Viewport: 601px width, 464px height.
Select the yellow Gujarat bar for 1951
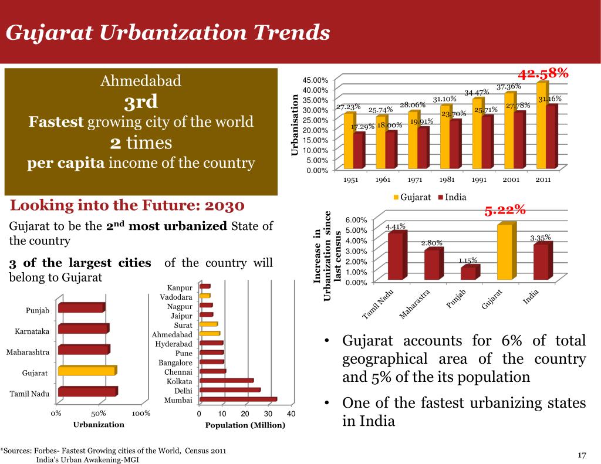[x=349, y=141]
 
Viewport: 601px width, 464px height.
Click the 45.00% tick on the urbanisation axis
[x=316, y=80]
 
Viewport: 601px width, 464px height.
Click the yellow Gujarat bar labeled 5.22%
[x=505, y=252]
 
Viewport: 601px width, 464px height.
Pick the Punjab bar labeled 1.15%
[x=468, y=273]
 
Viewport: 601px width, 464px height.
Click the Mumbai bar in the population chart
[x=237, y=400]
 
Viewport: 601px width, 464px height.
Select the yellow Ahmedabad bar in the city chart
[x=209, y=334]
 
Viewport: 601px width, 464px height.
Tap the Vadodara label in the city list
[x=176, y=297]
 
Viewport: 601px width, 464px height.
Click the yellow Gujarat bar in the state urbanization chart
[x=86, y=371]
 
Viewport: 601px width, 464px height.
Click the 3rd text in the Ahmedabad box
[x=141, y=102]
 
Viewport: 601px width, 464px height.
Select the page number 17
[x=582, y=455]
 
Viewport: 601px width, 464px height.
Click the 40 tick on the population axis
[x=291, y=414]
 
